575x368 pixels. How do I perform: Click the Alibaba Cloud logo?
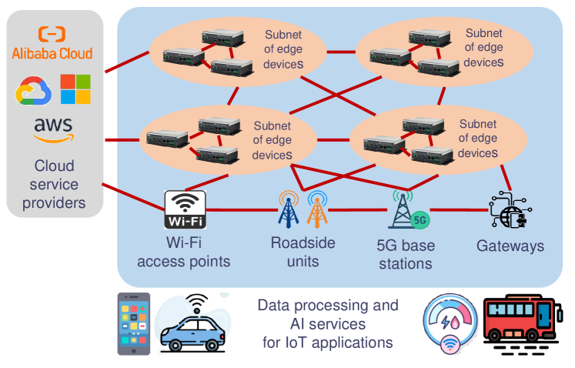(x=52, y=42)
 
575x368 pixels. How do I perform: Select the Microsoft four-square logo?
(x=75, y=89)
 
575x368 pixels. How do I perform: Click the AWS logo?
(x=53, y=130)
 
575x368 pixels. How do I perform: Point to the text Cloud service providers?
(x=54, y=185)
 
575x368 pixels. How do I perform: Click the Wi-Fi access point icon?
(x=186, y=209)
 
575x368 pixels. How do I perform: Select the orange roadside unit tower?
(x=317, y=209)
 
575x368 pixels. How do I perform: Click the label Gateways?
(x=510, y=246)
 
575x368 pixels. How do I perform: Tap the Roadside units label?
(x=303, y=251)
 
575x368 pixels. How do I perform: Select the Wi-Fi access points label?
(x=184, y=253)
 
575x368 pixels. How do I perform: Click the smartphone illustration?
(x=133, y=323)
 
